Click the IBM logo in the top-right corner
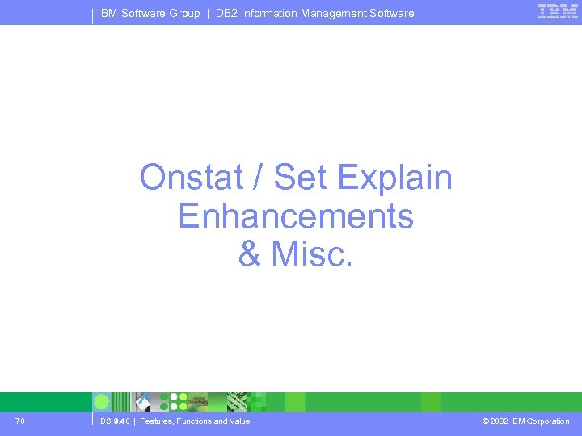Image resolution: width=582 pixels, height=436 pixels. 558,12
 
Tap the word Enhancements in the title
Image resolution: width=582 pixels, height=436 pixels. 295,216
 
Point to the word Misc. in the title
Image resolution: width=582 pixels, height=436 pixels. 313,254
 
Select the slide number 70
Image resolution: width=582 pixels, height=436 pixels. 19,421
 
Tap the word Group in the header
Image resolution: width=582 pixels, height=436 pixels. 184,13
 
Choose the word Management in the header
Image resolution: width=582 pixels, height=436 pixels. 336,13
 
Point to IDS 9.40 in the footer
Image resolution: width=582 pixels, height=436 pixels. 112,421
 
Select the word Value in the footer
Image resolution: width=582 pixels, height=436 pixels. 238,421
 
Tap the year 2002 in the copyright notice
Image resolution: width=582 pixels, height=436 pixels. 500,421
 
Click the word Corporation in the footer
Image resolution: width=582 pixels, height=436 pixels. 548,421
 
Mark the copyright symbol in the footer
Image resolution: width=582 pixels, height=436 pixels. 484,421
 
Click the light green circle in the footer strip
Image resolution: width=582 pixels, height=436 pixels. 102,401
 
